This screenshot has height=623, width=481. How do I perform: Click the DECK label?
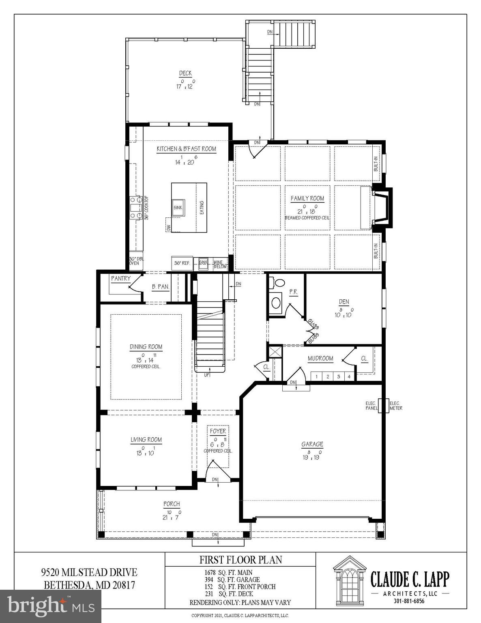coord(185,73)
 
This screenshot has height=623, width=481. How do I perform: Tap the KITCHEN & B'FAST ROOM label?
coord(187,149)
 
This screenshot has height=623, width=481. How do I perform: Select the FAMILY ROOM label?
coord(307,198)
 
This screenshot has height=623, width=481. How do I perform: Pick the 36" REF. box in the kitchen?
coord(182,263)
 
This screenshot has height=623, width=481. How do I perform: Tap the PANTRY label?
coord(121,279)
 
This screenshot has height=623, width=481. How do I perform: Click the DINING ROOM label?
coord(146,347)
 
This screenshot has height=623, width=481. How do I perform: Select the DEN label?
coord(344,302)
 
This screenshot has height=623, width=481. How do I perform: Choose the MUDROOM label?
coord(320,359)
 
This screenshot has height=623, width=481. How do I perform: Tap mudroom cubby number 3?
coord(338,377)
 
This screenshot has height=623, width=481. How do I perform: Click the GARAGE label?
coord(312,444)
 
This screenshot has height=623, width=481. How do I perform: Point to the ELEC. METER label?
coord(396,406)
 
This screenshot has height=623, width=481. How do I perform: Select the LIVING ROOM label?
coord(146,440)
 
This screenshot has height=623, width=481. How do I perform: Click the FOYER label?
coord(218,431)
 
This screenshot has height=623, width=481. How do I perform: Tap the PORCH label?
coord(172,504)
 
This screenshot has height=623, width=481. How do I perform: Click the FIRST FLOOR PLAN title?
coord(240,560)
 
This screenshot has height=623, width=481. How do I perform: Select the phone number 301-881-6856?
coord(409,601)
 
